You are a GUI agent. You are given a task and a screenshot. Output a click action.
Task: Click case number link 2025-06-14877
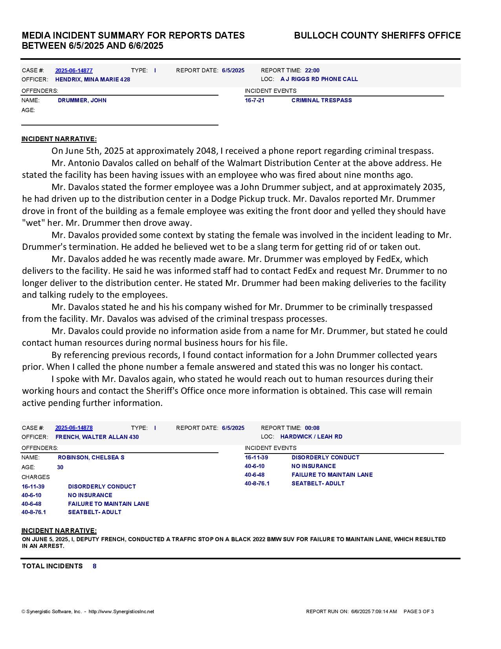click(74, 70)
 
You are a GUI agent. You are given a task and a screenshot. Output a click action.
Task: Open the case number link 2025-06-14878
click(74, 428)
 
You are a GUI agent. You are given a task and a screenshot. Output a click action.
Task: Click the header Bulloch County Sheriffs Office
click(377, 35)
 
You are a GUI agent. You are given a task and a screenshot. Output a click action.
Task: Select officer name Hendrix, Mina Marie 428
click(93, 79)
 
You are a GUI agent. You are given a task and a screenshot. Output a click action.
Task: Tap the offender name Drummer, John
click(82, 100)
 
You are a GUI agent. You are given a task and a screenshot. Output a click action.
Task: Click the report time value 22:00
click(312, 70)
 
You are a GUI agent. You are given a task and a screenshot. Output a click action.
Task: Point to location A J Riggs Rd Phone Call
click(319, 79)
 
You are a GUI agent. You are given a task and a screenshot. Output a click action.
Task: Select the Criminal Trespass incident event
click(321, 100)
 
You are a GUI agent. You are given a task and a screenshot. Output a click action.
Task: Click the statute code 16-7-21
click(255, 100)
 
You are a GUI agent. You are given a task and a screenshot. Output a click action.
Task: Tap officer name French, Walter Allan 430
click(97, 437)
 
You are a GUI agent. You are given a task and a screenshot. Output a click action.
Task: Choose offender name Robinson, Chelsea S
click(91, 457)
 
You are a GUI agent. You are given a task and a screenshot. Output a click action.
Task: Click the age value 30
click(60, 467)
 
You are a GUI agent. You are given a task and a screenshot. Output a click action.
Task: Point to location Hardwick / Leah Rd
click(311, 437)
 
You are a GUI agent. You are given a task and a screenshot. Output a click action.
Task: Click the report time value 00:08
click(312, 428)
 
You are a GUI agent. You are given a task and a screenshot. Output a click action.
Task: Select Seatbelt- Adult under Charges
click(95, 512)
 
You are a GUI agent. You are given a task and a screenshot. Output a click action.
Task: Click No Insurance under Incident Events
click(314, 466)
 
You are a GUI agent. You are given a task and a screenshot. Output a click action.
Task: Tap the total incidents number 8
click(95, 566)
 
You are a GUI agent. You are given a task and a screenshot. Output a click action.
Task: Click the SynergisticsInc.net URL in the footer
click(121, 612)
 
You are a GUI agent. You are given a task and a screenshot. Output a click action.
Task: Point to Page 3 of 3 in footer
click(418, 612)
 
